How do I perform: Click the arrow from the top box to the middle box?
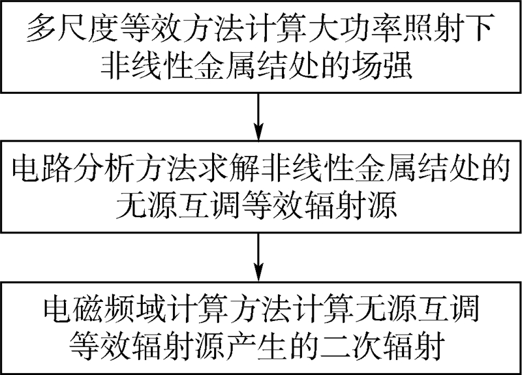click(260, 115)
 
